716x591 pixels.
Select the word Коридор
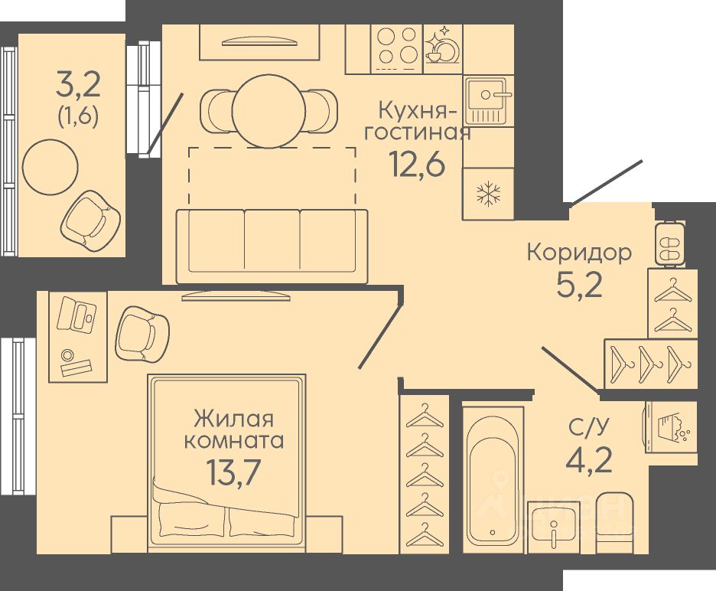tap(579, 253)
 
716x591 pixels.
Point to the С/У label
tap(589, 427)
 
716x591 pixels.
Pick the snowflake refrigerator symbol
tap(489, 194)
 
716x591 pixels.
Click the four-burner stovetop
tap(397, 49)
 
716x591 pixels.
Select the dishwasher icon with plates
tap(442, 48)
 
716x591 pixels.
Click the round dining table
tap(268, 110)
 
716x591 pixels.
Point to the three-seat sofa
tap(272, 247)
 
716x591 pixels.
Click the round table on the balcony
tap(50, 167)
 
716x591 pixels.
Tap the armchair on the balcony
tap(91, 220)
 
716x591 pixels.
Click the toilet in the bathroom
tap(614, 523)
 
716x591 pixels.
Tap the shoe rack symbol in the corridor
tap(670, 243)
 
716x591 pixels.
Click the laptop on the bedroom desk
tap(76, 315)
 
